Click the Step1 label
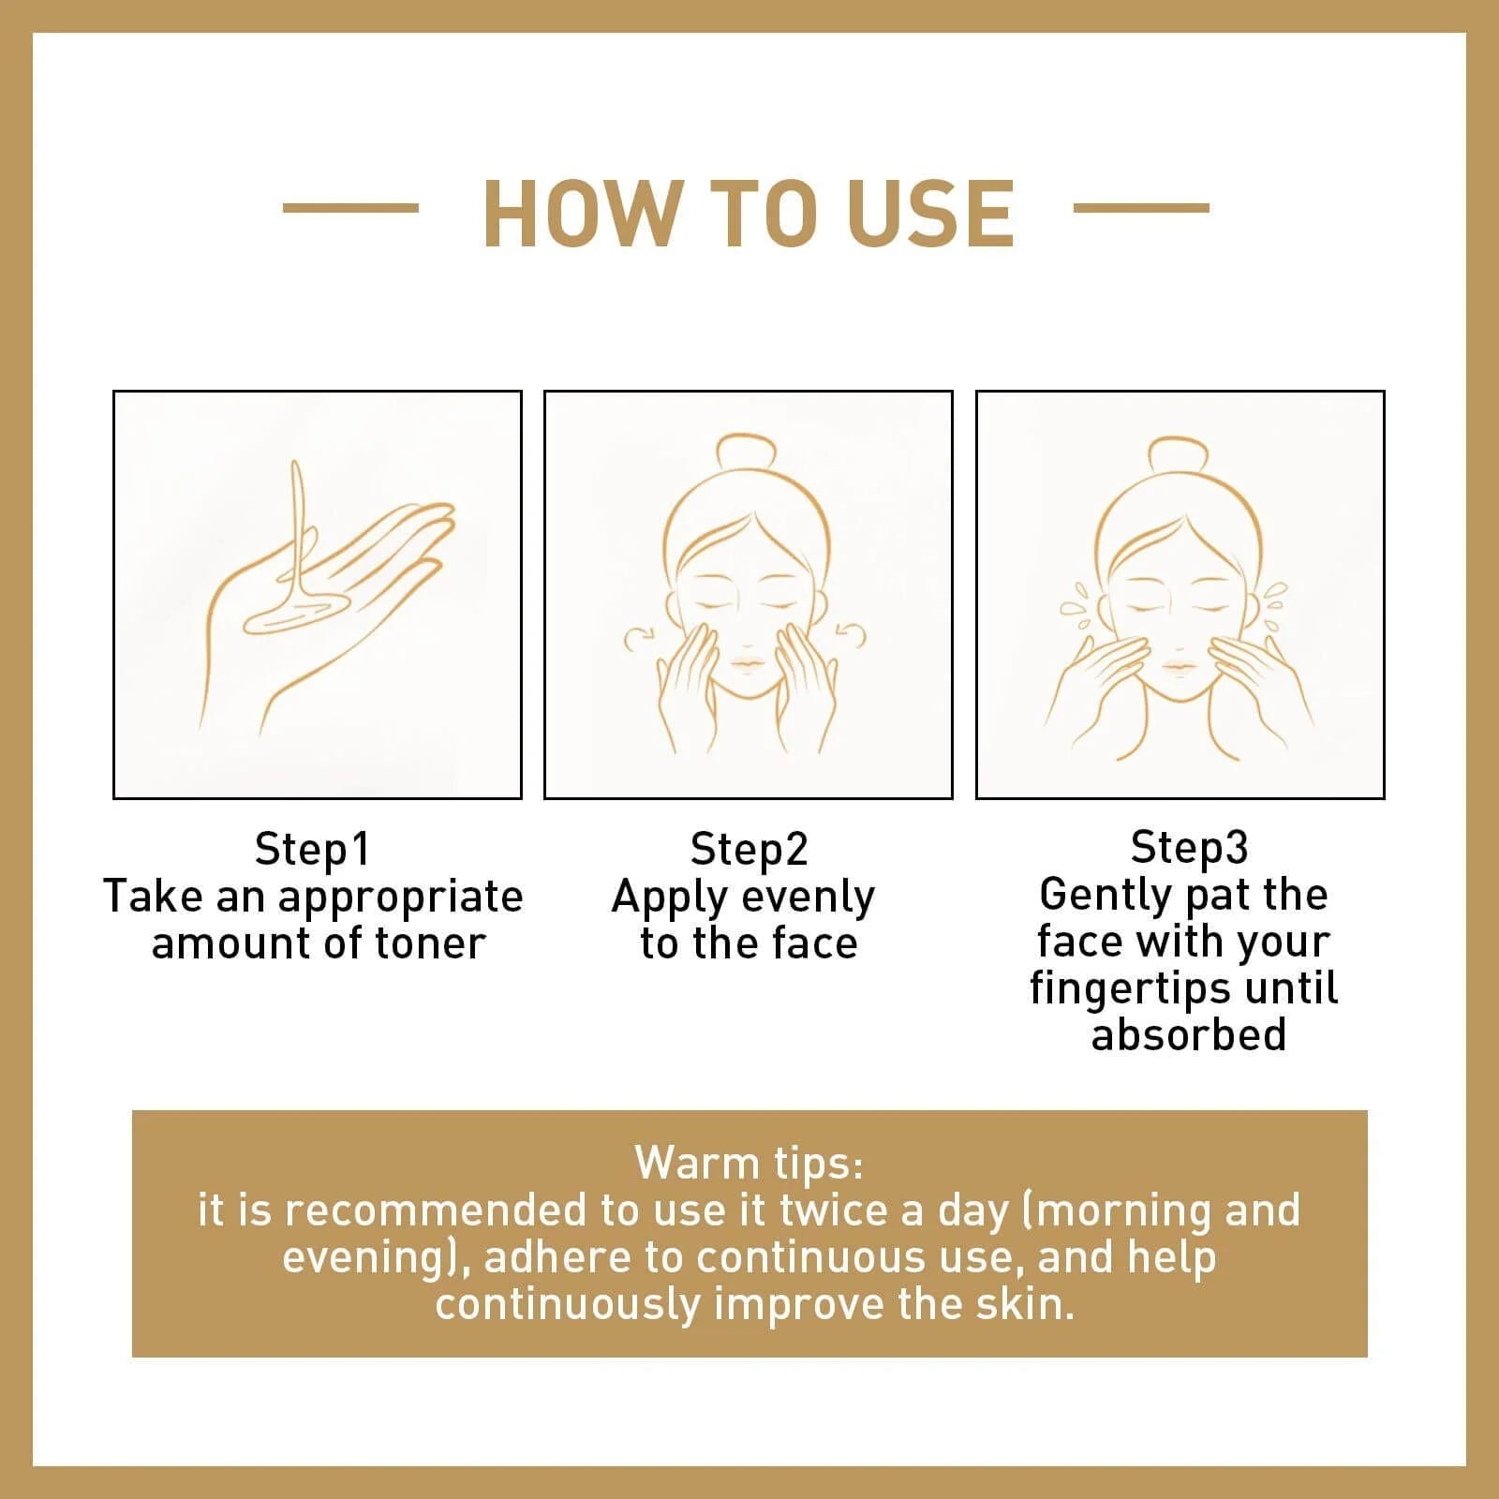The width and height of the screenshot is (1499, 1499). (x=313, y=849)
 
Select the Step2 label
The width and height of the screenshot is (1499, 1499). (x=749, y=849)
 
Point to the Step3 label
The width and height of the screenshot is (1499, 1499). (x=1189, y=847)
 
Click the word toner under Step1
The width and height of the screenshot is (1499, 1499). (x=430, y=943)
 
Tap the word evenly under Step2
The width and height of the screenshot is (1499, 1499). (x=807, y=898)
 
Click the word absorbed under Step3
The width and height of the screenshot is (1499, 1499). (x=1188, y=1035)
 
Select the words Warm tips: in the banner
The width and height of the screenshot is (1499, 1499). (x=749, y=1163)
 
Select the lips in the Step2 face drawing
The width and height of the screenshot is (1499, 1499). (x=748, y=664)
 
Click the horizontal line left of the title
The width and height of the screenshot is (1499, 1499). (x=350, y=208)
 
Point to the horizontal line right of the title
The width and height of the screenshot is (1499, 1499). (x=1140, y=208)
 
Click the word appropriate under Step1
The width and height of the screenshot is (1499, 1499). (x=400, y=898)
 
